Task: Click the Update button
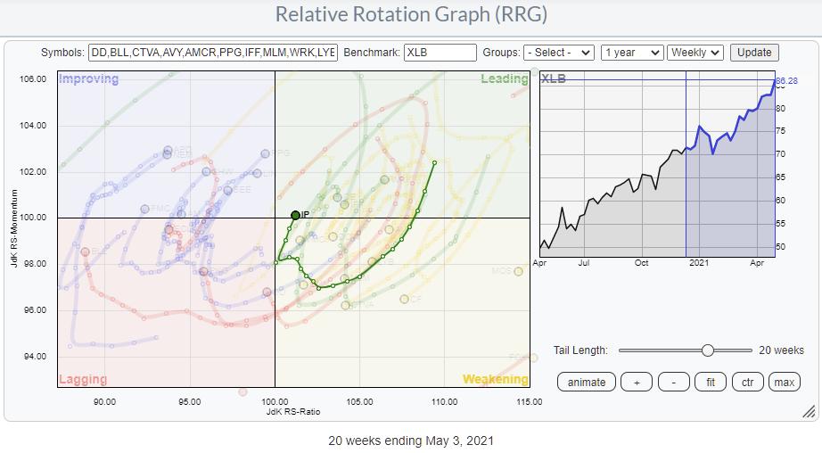click(754, 53)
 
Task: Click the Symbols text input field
click(213, 53)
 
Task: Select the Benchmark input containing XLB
click(440, 53)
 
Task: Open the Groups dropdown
click(559, 53)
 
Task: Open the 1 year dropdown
click(631, 53)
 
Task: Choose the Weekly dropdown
click(695, 53)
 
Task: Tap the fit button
click(711, 382)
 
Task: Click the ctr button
click(747, 382)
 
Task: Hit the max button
click(784, 382)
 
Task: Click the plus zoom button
click(637, 382)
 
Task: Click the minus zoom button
click(674, 382)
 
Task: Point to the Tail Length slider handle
click(707, 350)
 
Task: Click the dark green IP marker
click(295, 215)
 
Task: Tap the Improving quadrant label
click(88, 79)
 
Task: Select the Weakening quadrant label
click(496, 379)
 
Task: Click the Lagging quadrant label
click(83, 379)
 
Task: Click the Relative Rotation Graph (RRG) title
click(411, 15)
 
